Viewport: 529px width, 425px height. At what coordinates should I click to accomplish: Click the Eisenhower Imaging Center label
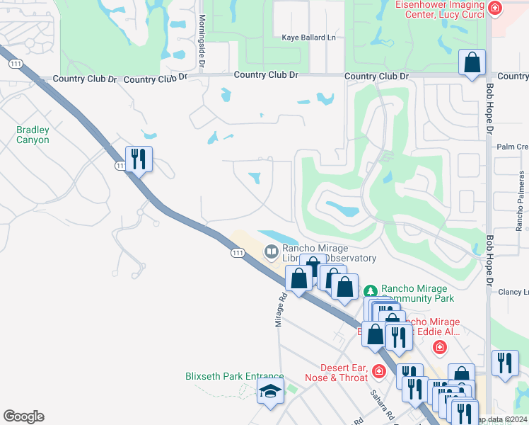(438, 9)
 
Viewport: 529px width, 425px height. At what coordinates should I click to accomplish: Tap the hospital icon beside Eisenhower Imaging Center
(495, 8)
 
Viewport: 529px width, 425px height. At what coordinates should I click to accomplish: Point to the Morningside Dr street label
(202, 40)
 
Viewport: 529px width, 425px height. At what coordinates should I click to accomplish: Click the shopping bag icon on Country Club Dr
(472, 62)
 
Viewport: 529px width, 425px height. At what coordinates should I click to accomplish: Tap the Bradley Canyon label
(33, 135)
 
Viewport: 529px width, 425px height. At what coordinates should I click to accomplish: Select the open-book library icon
(272, 251)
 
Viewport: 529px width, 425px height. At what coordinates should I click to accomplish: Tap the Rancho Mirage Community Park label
(414, 293)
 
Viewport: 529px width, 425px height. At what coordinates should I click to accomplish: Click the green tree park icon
(370, 291)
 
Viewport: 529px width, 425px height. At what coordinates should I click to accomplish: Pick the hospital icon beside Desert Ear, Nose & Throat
(379, 370)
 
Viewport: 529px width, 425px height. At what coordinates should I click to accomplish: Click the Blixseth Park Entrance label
(234, 377)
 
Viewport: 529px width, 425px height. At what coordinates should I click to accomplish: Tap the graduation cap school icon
(270, 391)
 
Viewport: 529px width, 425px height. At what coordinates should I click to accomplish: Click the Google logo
(23, 416)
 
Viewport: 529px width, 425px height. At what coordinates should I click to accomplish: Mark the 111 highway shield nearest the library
(237, 253)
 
